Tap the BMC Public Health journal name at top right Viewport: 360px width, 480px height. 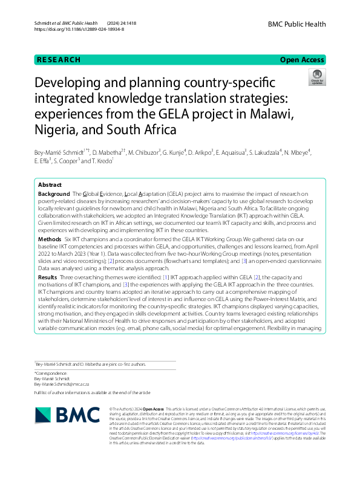(297, 24)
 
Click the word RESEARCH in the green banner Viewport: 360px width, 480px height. (58, 60)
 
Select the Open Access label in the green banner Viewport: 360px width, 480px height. (303, 60)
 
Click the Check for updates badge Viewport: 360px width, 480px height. (316, 77)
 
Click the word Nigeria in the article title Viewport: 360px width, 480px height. (58, 129)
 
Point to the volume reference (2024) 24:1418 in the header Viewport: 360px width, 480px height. (120, 22)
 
